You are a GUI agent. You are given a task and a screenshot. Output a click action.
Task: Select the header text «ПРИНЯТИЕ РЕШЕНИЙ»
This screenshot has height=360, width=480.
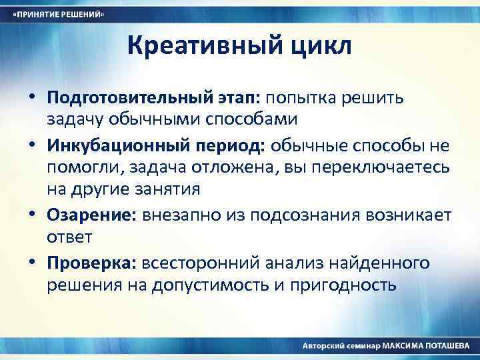59,14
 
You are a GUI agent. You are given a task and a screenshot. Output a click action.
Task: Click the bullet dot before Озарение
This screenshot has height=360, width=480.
33,215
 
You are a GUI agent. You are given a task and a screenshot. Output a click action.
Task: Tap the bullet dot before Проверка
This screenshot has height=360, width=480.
33,263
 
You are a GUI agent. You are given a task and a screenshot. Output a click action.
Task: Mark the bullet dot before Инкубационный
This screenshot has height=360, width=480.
33,145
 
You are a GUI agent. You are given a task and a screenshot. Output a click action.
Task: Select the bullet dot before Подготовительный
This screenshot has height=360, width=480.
33,97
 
